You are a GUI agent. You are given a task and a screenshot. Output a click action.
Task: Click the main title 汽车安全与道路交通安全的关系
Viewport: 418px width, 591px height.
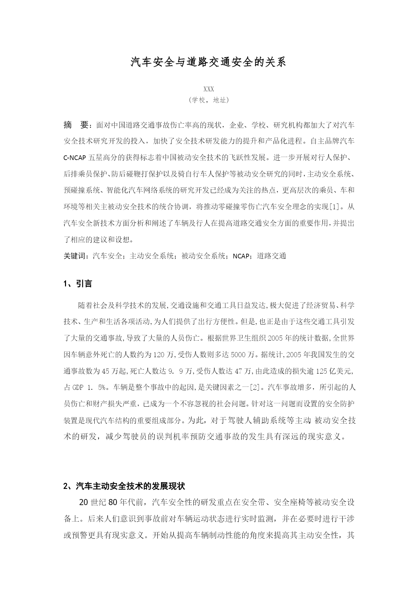tap(208, 62)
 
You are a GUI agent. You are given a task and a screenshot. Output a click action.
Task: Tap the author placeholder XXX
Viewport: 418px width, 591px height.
tap(209, 89)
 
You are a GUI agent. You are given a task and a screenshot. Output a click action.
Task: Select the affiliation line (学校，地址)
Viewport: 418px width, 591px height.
tap(209, 100)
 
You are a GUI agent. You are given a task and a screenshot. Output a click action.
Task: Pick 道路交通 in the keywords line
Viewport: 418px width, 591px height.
tap(271, 256)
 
